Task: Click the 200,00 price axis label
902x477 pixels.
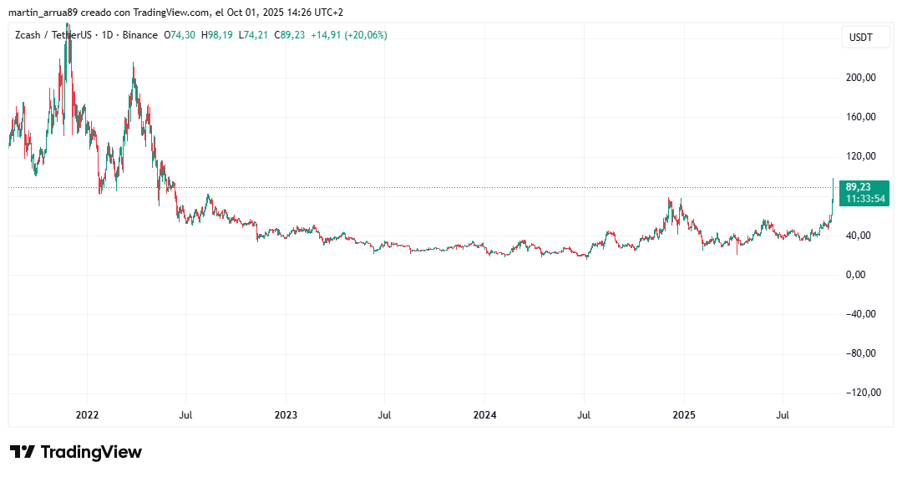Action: [x=862, y=78]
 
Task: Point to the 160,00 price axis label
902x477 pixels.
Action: [x=862, y=117]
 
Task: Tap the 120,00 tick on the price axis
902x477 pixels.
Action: [x=862, y=156]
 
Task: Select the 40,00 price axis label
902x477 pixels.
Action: [x=862, y=236]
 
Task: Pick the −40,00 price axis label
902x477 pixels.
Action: [x=860, y=314]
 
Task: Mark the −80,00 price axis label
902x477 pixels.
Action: [x=860, y=353]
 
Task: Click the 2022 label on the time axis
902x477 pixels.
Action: [x=87, y=414]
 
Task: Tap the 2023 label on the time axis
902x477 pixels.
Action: [x=286, y=414]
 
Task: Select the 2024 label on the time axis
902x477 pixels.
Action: [x=485, y=414]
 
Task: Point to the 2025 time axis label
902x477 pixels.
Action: [x=684, y=414]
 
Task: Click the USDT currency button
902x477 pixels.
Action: [x=861, y=38]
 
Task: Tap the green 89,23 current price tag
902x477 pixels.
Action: [x=859, y=187]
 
